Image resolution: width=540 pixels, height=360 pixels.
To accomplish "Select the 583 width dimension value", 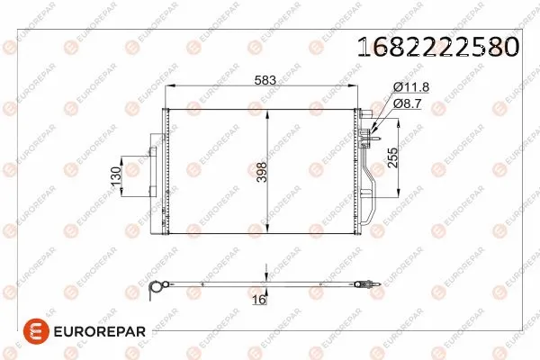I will coord(265,80).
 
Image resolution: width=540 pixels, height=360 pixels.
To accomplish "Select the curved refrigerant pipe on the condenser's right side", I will coord(370,193).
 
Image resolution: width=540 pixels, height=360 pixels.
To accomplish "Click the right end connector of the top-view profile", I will coord(365,283).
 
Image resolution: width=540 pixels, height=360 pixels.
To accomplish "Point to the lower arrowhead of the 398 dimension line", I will coord(266,229).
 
